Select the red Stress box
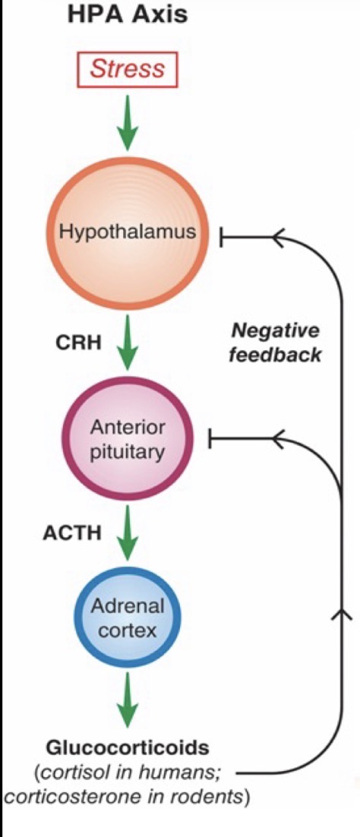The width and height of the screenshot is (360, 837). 128,70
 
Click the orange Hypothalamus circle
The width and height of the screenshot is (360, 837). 128,232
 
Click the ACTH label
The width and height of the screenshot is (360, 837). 72,532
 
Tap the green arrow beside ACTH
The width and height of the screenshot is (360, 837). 128,535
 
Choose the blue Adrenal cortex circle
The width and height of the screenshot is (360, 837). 128,618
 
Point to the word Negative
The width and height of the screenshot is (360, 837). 275,330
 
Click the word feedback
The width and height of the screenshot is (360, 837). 275,354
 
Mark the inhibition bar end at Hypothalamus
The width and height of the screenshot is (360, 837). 221,237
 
